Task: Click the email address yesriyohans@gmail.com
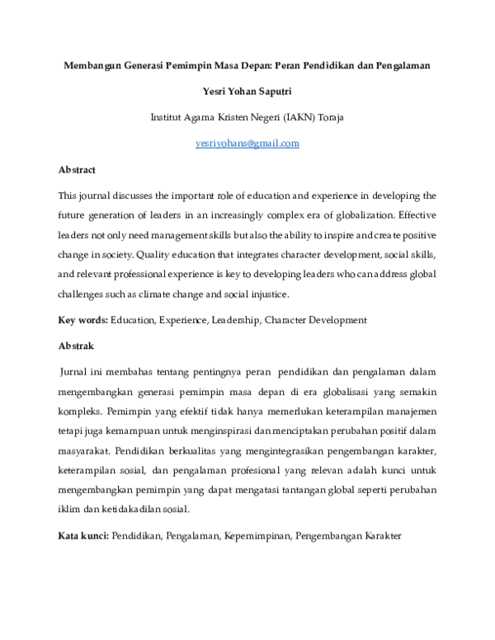[x=247, y=143]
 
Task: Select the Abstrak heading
[x=76, y=346]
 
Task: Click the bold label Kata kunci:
[x=83, y=535]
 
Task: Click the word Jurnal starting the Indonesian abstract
[x=77, y=374]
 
